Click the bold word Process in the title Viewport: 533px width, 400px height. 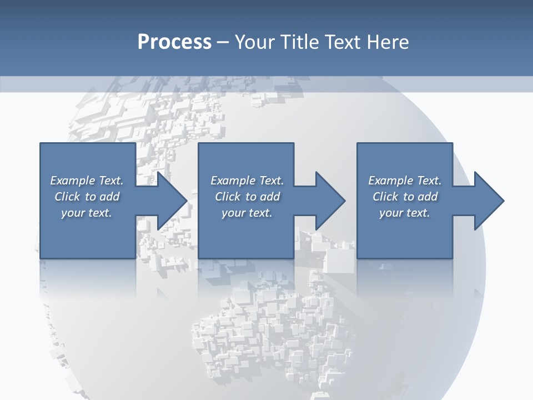point(174,42)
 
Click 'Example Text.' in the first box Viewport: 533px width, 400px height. point(87,181)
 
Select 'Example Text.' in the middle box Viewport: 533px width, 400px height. point(247,181)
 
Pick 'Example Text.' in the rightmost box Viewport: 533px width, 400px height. point(405,181)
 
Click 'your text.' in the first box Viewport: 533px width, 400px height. point(87,213)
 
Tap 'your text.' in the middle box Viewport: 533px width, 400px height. point(247,213)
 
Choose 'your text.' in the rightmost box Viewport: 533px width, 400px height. point(405,213)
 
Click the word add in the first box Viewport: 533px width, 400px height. point(109,197)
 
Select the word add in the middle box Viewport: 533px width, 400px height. point(270,197)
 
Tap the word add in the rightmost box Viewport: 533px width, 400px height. point(428,197)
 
